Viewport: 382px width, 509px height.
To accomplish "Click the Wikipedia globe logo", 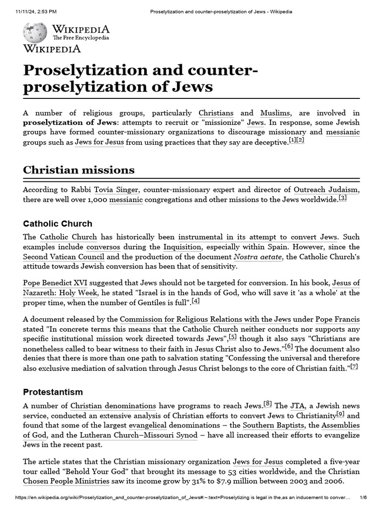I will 35,32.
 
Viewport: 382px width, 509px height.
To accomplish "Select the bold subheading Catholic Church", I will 57,224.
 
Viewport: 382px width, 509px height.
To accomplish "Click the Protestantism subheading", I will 53,392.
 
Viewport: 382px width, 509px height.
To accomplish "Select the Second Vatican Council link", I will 64,257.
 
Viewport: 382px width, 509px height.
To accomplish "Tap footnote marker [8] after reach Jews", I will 268,404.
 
